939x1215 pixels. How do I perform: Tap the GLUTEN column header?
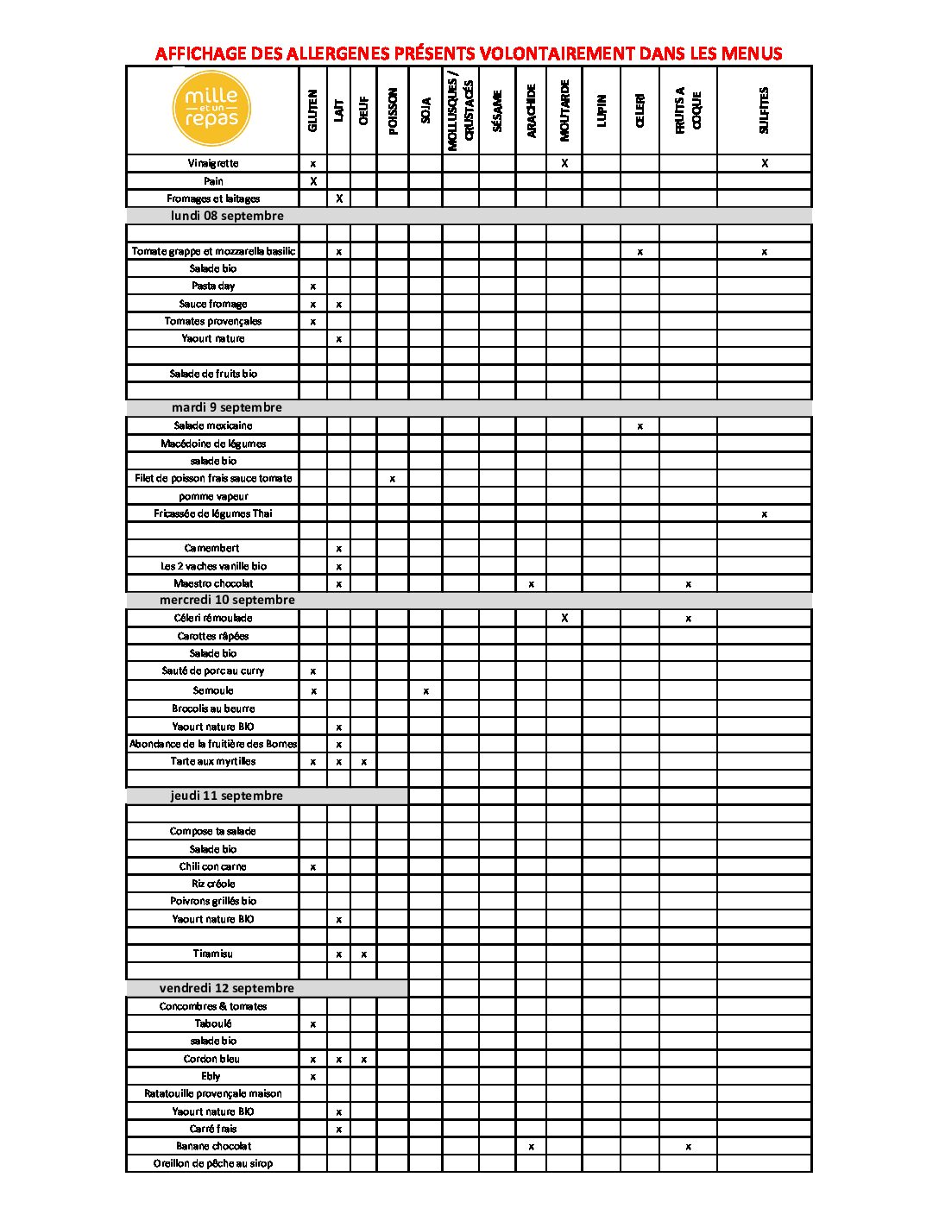[312, 110]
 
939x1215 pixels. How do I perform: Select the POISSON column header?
[393, 110]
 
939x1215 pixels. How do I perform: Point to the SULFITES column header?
[764, 110]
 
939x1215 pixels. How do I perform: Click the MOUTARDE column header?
[564, 110]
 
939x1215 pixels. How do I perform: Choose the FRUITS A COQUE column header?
[688, 110]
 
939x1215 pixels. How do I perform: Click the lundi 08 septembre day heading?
[227, 216]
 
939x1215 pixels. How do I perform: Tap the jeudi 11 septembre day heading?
[226, 796]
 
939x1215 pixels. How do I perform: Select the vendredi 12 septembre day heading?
[226, 988]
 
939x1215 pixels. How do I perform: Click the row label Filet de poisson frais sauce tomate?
[213, 478]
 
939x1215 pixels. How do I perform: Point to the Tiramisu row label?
[212, 954]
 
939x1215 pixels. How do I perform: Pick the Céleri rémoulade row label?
[212, 618]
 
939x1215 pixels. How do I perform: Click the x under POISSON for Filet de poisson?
[393, 479]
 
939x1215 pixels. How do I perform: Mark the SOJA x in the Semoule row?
[425, 691]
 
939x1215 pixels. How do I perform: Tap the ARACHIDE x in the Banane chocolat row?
[531, 1147]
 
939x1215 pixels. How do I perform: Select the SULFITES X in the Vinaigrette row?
[765, 163]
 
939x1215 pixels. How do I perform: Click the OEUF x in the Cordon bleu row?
[364, 1060]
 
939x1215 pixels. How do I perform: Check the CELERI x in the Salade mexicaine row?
[640, 426]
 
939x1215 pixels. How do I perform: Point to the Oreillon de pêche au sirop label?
[212, 1163]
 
